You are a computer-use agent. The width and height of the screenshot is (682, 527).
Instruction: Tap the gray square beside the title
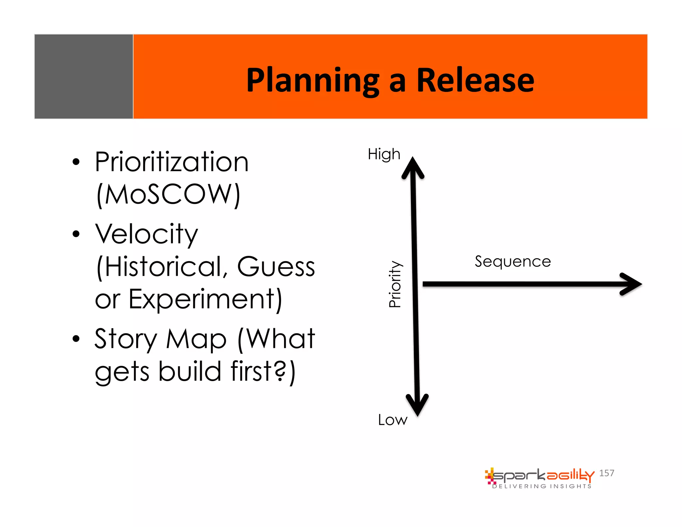point(84,76)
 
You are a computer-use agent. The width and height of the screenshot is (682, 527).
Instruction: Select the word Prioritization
point(171,162)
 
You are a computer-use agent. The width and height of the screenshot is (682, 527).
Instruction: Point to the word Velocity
point(147,234)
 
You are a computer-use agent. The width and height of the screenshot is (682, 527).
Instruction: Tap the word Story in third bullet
point(126,339)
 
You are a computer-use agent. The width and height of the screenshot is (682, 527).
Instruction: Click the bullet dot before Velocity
point(76,234)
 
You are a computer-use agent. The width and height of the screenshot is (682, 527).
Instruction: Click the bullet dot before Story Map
point(76,339)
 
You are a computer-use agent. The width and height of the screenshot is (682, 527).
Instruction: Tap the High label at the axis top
point(384,155)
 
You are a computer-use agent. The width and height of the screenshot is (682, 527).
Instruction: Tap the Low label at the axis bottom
point(393,420)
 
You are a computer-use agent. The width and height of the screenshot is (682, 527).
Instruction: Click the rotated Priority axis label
point(395,284)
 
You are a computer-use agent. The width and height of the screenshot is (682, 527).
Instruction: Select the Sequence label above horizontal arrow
point(512,262)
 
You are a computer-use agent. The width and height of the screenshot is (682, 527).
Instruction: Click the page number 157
point(606,473)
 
